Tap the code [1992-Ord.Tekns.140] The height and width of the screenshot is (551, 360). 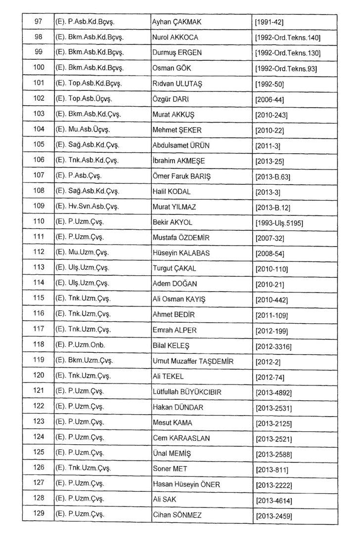coord(288,38)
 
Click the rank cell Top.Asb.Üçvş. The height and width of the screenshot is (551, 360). coord(87,99)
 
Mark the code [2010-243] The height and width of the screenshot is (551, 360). coord(271,115)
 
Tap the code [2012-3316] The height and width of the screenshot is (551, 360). coord(273,346)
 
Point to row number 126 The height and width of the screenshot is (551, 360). coord(39,468)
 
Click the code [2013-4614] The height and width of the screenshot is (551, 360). coord(274,501)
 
